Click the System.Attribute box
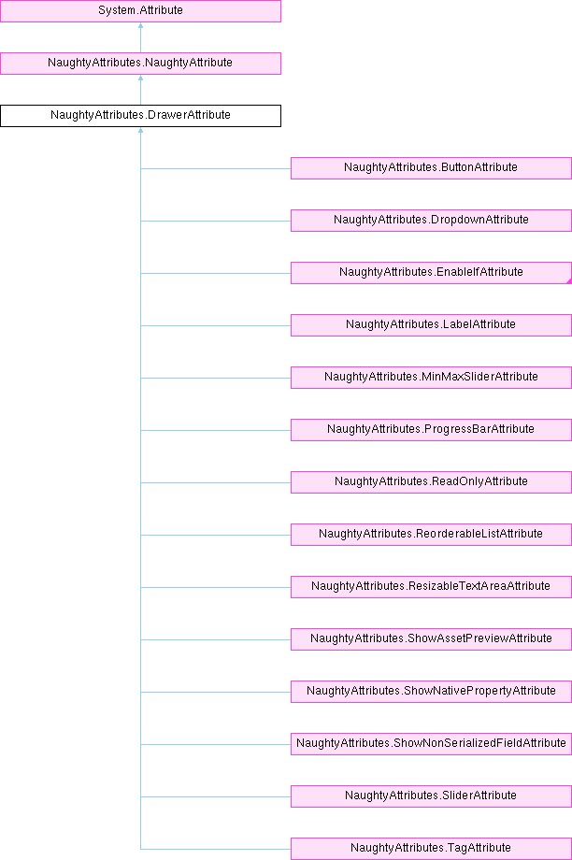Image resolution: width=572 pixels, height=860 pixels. pyautogui.click(x=140, y=10)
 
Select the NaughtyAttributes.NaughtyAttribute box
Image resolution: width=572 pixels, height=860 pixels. pyautogui.click(x=140, y=63)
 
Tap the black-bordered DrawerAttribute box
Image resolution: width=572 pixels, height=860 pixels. pyautogui.click(x=140, y=115)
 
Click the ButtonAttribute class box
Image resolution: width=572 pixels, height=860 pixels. pyautogui.click(x=431, y=167)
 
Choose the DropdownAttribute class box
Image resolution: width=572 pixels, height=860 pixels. pyautogui.click(x=431, y=220)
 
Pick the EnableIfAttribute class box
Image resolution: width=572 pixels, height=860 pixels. pyautogui.click(x=431, y=272)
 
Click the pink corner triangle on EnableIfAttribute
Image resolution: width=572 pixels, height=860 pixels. pyautogui.click(x=568, y=280)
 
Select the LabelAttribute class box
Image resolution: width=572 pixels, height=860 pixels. pyautogui.click(x=431, y=324)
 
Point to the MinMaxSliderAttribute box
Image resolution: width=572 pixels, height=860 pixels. pyautogui.click(x=431, y=377)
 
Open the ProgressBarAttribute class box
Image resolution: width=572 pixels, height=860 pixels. pyautogui.click(x=431, y=429)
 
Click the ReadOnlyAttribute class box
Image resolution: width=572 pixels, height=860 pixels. pyautogui.click(x=431, y=481)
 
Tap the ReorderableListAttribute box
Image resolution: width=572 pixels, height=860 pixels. pyautogui.click(x=431, y=534)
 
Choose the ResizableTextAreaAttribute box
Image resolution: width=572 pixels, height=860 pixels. pyautogui.click(x=431, y=586)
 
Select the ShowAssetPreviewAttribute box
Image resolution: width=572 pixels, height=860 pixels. pyautogui.click(x=431, y=638)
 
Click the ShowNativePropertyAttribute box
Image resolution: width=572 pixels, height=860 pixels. pyautogui.click(x=431, y=691)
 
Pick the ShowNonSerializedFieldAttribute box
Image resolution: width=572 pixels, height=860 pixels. pyautogui.click(x=431, y=743)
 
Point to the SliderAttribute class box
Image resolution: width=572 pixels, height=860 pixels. pyautogui.click(x=431, y=795)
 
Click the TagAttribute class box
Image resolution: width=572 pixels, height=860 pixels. pyautogui.click(x=431, y=848)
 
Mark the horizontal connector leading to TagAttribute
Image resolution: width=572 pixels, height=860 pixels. pyautogui.click(x=215, y=849)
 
